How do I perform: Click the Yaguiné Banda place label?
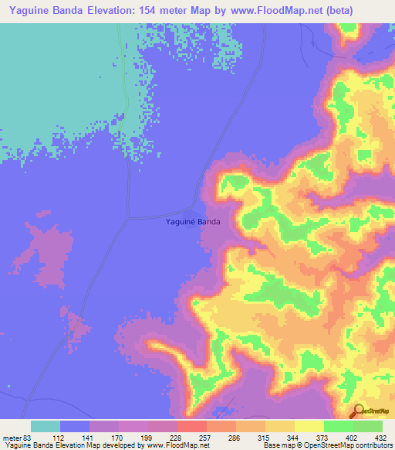(193, 222)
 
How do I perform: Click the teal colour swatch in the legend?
(45, 426)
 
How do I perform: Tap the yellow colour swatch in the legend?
(309, 426)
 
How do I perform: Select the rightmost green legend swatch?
(368, 426)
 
